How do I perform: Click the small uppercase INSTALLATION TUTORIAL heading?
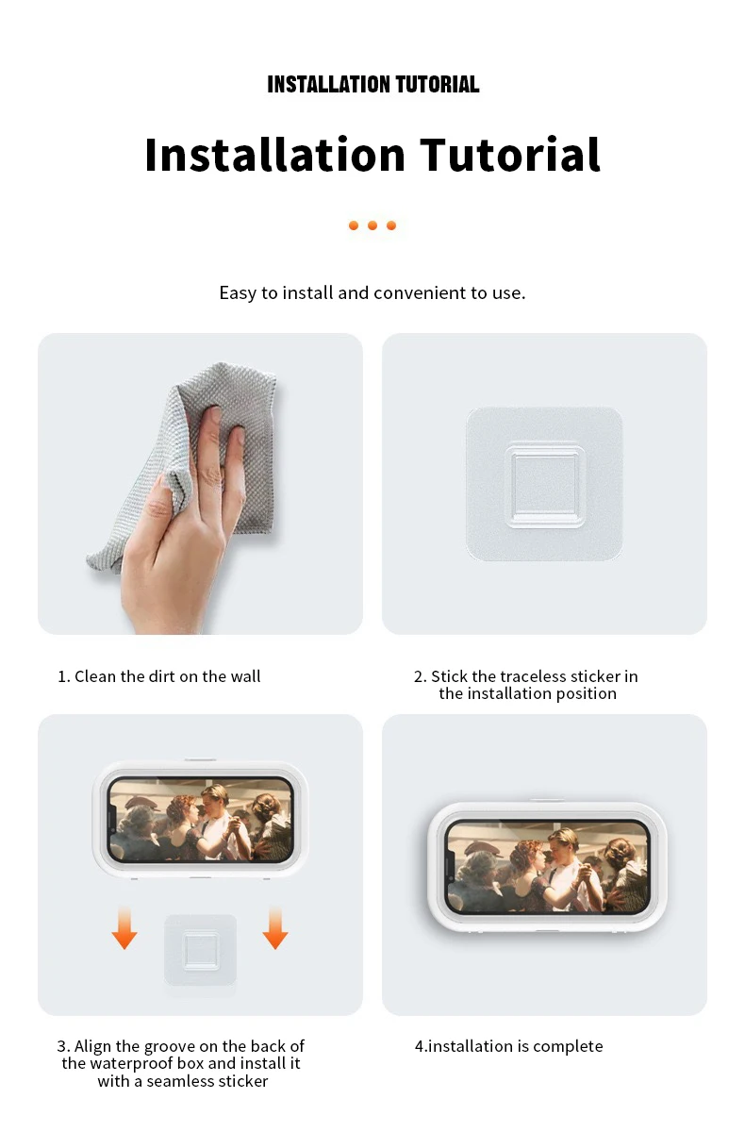coord(372,84)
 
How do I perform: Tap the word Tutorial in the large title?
coord(509,154)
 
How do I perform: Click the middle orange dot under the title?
coord(372,225)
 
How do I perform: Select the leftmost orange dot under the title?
coord(354,225)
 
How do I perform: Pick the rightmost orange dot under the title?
coord(391,225)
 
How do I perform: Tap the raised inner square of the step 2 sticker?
coord(544,485)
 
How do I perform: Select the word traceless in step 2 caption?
coord(535,676)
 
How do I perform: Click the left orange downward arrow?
coord(124,928)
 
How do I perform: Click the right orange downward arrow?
coord(275,928)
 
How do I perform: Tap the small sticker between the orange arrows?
coord(201,950)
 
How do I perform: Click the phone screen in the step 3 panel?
coord(201,820)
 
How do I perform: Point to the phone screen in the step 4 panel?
coord(548,867)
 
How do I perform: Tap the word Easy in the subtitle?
coord(238,293)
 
